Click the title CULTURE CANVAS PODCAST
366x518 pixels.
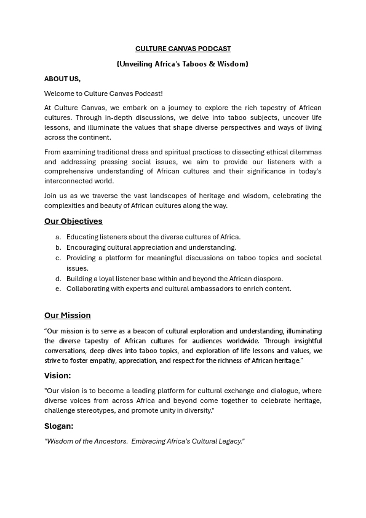183,49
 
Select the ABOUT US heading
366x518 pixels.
62,79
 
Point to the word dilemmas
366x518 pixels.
304,152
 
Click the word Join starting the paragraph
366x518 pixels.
51,196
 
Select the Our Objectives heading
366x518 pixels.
73,221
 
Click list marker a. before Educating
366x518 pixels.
58,237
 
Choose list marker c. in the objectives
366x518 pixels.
58,258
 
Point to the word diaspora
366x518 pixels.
268,279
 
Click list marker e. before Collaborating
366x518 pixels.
58,289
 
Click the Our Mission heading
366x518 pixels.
67,316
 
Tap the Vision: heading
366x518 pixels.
57,375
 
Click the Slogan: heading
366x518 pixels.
58,426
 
